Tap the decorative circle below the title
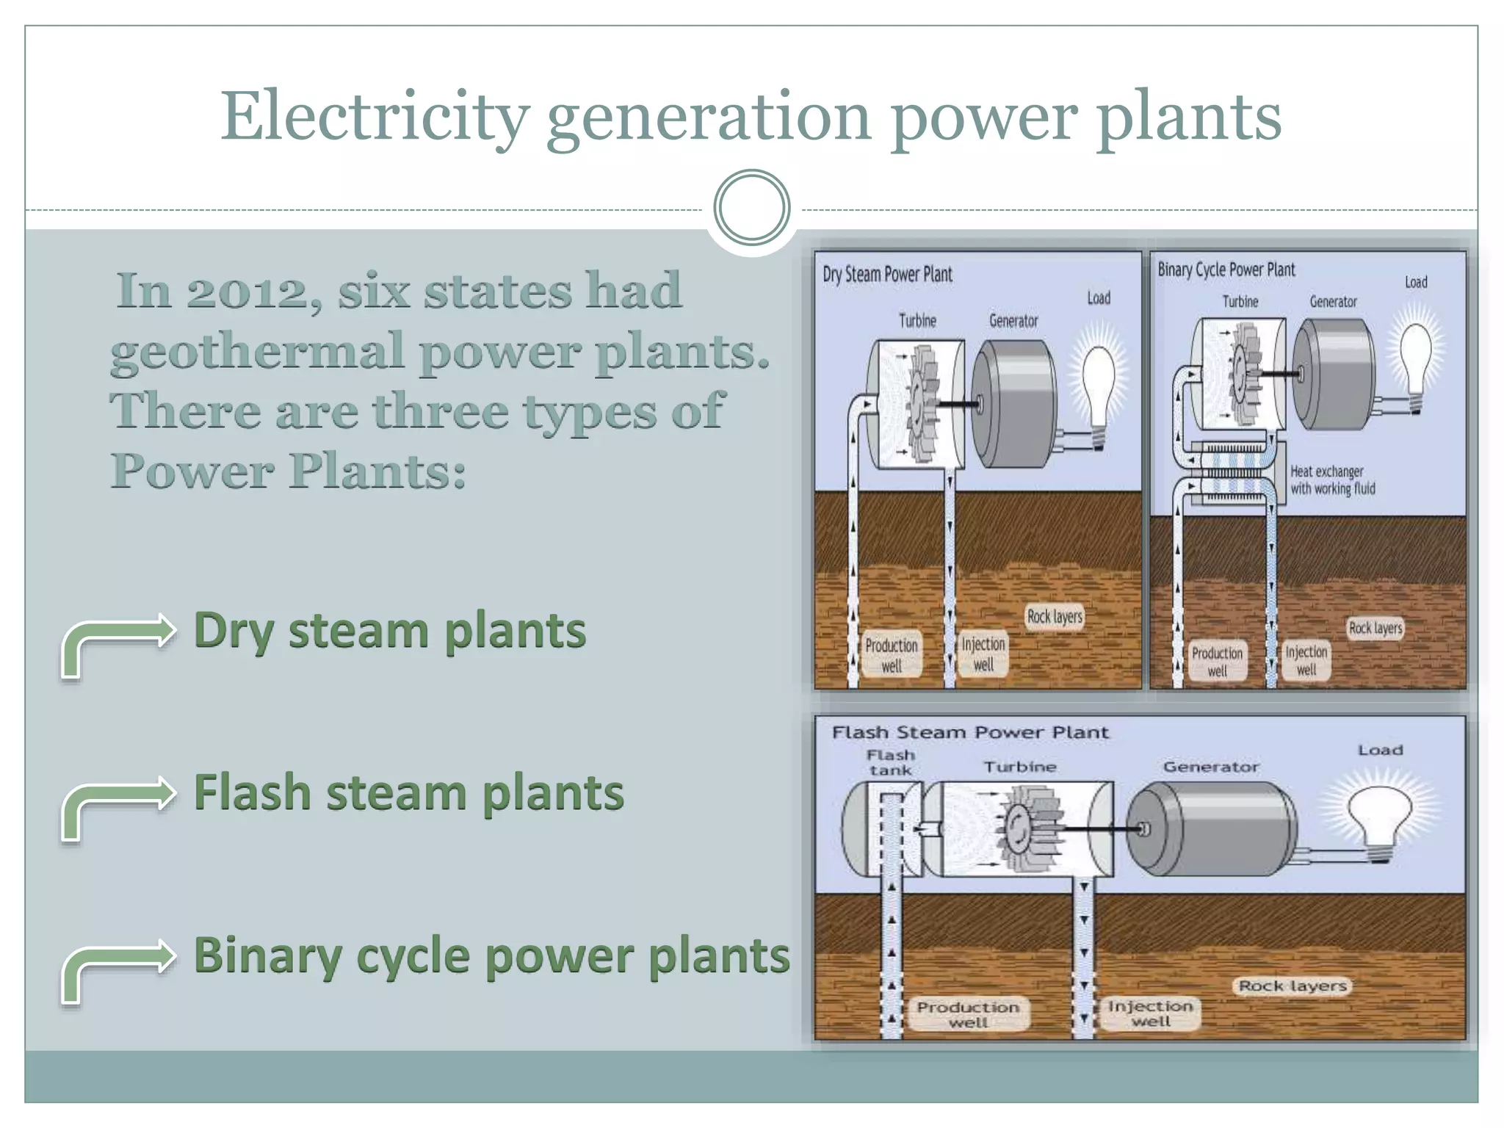point(751,207)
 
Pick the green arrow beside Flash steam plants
point(117,806)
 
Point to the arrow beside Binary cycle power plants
point(117,968)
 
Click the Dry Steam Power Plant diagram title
point(887,275)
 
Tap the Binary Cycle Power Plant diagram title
point(1226,270)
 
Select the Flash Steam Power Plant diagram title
point(969,732)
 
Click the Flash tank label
point(891,762)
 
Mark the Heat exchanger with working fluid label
point(1332,480)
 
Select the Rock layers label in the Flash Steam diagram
point(1292,986)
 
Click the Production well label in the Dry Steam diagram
point(892,655)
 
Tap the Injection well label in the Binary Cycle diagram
point(1306,660)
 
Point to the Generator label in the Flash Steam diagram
point(1210,767)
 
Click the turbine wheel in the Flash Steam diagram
point(1020,829)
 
